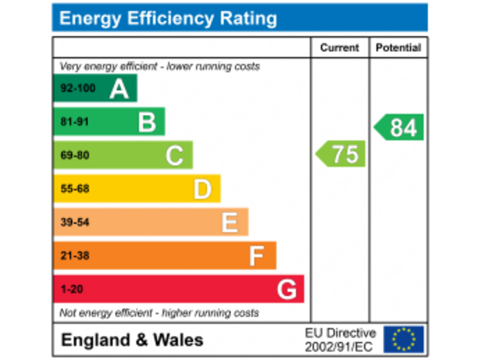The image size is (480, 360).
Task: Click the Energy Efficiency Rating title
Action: (x=167, y=18)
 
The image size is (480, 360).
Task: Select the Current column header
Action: (x=339, y=47)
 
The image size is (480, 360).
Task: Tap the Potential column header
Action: (x=398, y=47)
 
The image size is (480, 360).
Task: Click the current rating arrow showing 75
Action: (x=341, y=154)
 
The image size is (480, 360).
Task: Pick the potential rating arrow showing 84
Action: (x=400, y=127)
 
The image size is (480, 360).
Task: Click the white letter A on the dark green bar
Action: (x=119, y=88)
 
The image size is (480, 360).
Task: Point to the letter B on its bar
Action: (x=147, y=122)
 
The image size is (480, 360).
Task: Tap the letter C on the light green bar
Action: (x=174, y=156)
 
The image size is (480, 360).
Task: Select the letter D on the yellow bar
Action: (x=202, y=189)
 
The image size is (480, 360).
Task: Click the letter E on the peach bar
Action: (x=229, y=222)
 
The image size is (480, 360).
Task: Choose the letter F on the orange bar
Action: (x=256, y=256)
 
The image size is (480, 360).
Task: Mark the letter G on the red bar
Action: (x=286, y=289)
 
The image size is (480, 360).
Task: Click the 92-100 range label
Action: (x=77, y=88)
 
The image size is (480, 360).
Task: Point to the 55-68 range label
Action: (x=74, y=189)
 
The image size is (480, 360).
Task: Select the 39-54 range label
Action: (x=74, y=222)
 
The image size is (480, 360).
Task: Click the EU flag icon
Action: (x=403, y=339)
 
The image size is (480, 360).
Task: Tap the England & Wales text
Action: (x=132, y=340)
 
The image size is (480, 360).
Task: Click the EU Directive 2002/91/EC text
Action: (x=340, y=339)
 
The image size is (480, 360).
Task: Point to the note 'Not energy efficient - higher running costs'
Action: (x=159, y=312)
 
